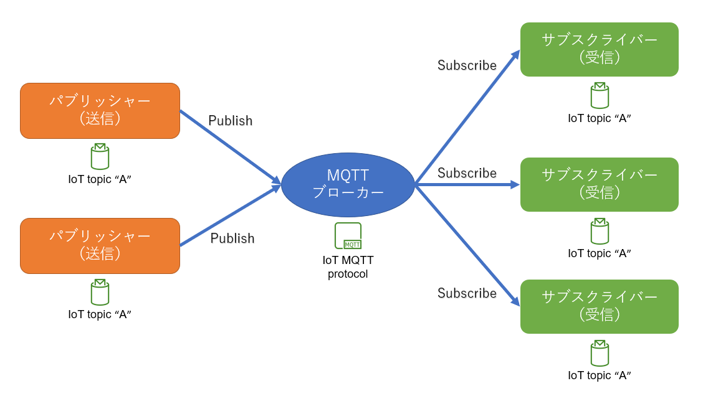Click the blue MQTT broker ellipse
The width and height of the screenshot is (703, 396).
(x=348, y=184)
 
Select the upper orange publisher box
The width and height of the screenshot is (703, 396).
(x=100, y=110)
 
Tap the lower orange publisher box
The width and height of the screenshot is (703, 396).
(x=100, y=245)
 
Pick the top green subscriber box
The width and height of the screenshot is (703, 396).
(x=599, y=49)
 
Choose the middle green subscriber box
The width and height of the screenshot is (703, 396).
(x=599, y=184)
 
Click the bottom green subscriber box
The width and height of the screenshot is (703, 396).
(x=599, y=306)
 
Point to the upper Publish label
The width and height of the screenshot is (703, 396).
(x=230, y=121)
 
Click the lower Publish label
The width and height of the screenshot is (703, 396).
(x=232, y=238)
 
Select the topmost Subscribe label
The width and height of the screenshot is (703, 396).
(x=467, y=65)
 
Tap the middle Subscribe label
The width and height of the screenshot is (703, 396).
(x=467, y=173)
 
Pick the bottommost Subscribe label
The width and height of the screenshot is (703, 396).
(x=467, y=293)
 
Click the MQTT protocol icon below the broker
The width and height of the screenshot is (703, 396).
(x=348, y=236)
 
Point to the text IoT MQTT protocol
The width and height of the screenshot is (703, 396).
(x=348, y=267)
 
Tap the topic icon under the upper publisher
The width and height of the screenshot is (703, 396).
(x=100, y=156)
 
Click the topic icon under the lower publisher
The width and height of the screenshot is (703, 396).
(x=100, y=292)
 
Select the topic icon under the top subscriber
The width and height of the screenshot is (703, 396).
(x=600, y=95)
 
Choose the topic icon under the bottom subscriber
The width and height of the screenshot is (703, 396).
(x=600, y=353)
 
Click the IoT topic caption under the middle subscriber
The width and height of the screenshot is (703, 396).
(x=600, y=253)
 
